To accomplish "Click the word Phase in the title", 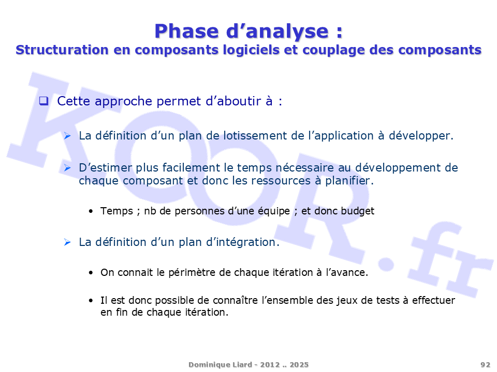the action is (x=187, y=32).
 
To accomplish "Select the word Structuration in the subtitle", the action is (x=62, y=50).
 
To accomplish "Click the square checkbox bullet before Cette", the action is (x=43, y=101).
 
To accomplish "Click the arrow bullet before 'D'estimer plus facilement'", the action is (x=67, y=167).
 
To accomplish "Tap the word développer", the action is (x=421, y=136).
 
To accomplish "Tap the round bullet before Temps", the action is (x=91, y=211).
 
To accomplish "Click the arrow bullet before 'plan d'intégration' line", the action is (x=67, y=242).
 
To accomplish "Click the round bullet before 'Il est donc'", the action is (x=91, y=301).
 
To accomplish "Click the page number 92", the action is (x=485, y=365).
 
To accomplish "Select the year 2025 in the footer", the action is (x=299, y=365).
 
